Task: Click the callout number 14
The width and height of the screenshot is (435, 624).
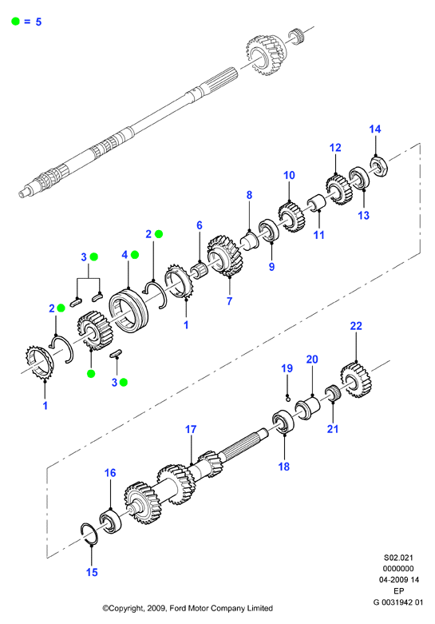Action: (x=375, y=129)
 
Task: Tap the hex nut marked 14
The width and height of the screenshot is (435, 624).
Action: (x=379, y=166)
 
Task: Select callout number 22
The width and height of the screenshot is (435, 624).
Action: (x=356, y=326)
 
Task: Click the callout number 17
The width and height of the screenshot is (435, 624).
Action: (x=191, y=429)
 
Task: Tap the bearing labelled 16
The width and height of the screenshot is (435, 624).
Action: (x=110, y=521)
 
